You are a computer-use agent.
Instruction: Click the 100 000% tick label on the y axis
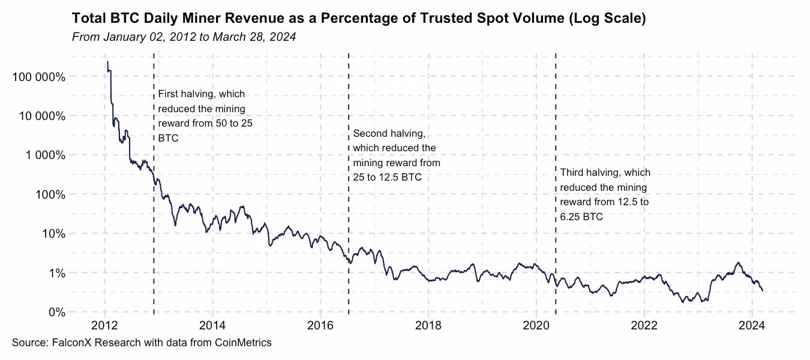point(37,77)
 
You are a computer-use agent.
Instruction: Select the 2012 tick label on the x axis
point(105,326)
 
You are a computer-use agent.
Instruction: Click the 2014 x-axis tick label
point(212,326)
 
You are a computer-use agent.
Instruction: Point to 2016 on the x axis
point(320,326)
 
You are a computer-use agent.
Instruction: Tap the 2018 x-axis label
point(428,326)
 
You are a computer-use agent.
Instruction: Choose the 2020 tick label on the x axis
point(536,326)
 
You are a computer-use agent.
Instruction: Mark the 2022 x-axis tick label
point(644,326)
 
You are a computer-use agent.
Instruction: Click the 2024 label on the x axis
point(751,326)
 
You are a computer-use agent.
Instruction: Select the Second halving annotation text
point(396,155)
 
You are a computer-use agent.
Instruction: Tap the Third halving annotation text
point(605,194)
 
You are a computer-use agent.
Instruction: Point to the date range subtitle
point(184,37)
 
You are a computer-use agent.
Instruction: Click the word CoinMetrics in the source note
point(243,343)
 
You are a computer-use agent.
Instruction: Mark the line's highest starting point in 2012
point(107,62)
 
